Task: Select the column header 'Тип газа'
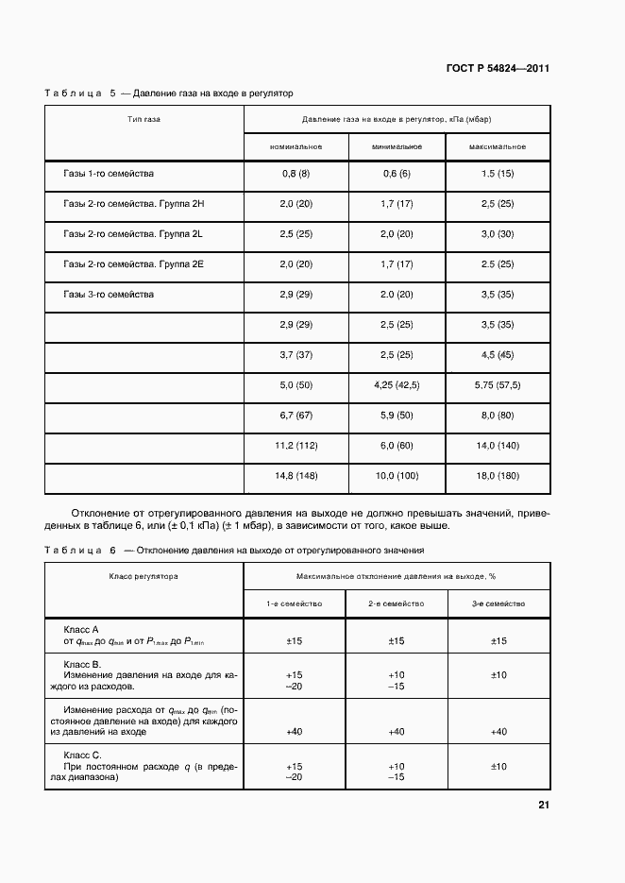pyautogui.click(x=144, y=120)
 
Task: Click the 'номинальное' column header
pyautogui.click(x=296, y=147)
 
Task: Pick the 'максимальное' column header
pyautogui.click(x=498, y=147)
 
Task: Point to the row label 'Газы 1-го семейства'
pyautogui.click(x=109, y=174)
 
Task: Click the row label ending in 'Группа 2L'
pyautogui.click(x=133, y=234)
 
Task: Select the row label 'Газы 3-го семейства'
pyautogui.click(x=109, y=295)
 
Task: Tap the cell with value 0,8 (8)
pyautogui.click(x=296, y=175)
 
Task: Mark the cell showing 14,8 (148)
pyautogui.click(x=296, y=477)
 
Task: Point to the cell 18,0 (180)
pyautogui.click(x=498, y=477)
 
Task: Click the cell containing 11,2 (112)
pyautogui.click(x=296, y=447)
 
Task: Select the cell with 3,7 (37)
pyautogui.click(x=296, y=355)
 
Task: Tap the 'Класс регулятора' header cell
pyautogui.click(x=144, y=575)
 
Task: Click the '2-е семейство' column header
pyautogui.click(x=397, y=603)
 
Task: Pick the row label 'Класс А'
pyautogui.click(x=81, y=629)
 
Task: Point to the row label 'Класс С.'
pyautogui.click(x=83, y=755)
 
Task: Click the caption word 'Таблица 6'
pyautogui.click(x=80, y=550)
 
